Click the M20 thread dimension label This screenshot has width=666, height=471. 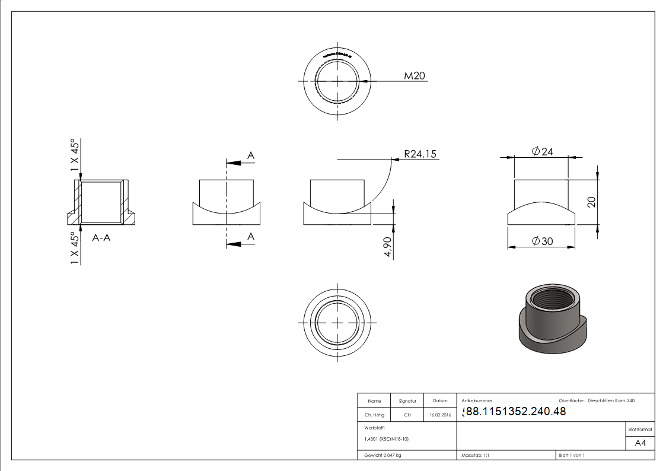pos(415,76)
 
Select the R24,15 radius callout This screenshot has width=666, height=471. pos(420,154)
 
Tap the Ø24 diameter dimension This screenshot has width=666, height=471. pos(542,152)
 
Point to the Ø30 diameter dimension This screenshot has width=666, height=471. pos(542,241)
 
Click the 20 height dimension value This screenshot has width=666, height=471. pos(591,202)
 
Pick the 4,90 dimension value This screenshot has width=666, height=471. pos(388,247)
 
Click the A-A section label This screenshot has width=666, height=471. pos(101,238)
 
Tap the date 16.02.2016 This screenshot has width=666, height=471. pos(439,415)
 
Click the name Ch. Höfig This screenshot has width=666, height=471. pos(374,415)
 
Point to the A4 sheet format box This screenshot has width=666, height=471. pos(640,443)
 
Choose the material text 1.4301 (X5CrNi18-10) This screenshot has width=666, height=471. pos(386,439)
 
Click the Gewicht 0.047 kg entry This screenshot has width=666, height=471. pos(383,456)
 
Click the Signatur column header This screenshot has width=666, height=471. pos(407,401)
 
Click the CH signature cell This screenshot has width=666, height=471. pos(407,415)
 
